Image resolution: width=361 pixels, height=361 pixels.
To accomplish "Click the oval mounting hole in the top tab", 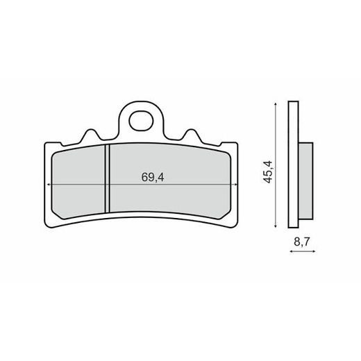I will [143, 117].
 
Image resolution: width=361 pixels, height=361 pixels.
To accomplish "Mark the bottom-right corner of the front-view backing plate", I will [236, 224].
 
